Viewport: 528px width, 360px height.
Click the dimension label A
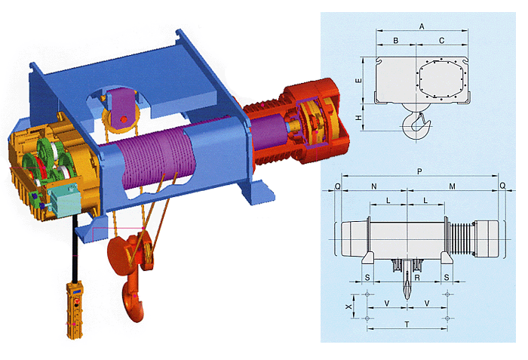pos(422,26)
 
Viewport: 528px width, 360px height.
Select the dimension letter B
pos(396,41)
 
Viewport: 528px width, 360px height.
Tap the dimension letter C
pos(442,41)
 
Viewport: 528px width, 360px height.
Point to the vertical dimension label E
pos(359,81)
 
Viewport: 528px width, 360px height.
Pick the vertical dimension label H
pos(359,118)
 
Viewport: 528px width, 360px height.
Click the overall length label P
pos(419,171)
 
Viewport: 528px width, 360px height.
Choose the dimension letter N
pos(374,186)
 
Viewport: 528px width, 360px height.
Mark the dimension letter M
pos(453,186)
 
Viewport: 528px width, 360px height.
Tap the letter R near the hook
pos(417,278)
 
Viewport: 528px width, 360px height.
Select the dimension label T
pos(407,325)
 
